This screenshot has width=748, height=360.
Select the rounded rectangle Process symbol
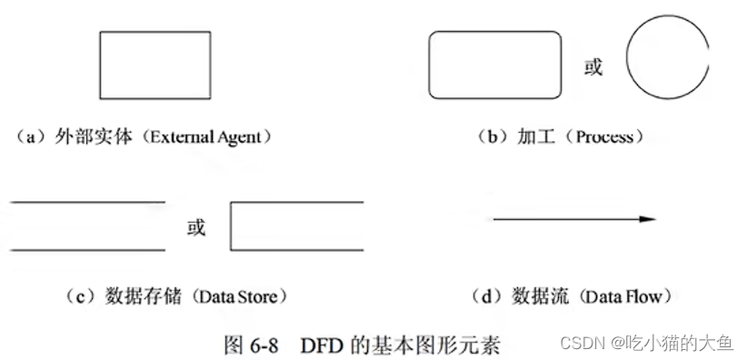click(x=494, y=65)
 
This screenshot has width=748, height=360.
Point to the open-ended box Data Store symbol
click(x=297, y=225)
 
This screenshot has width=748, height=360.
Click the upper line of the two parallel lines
click(x=87, y=202)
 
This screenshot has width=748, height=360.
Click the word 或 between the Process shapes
click(x=593, y=67)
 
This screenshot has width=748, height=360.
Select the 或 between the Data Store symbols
click(x=195, y=227)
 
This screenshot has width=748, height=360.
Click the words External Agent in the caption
click(x=209, y=138)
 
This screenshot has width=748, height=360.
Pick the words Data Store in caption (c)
click(x=231, y=296)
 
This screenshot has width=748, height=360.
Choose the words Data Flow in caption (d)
click(x=623, y=296)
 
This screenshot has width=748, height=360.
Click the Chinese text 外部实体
click(x=102, y=138)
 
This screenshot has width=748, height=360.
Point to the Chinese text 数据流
click(x=538, y=296)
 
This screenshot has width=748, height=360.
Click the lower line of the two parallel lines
click(x=87, y=249)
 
